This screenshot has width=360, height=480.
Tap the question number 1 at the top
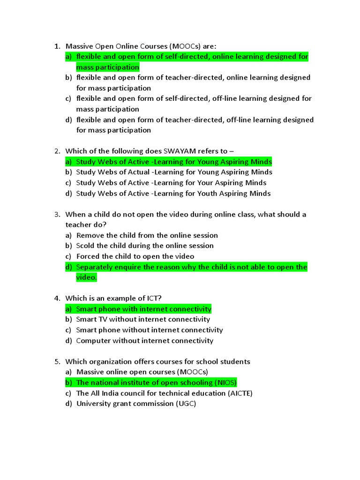coord(56,46)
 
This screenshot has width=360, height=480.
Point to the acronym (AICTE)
coord(240,393)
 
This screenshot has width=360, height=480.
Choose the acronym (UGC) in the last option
coord(186,404)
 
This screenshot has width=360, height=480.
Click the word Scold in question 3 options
coord(86,246)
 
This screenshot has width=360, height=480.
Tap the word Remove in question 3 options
coord(90,235)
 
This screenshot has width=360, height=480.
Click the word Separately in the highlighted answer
coord(95,267)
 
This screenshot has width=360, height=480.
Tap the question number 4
coord(56,298)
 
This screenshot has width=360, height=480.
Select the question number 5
coord(56,361)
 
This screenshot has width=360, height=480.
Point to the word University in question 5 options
coord(93,404)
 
